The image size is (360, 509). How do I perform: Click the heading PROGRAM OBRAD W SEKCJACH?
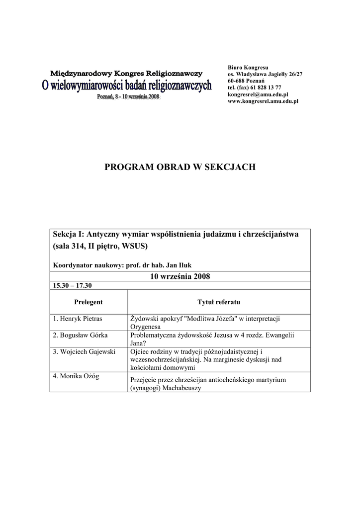point(180,167)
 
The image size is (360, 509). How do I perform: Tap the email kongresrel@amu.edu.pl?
point(258,94)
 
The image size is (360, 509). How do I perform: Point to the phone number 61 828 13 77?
point(267,87)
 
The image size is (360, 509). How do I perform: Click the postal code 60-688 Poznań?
point(246,81)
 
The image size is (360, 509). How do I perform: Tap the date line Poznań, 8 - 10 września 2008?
point(128,97)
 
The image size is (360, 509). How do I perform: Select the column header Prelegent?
point(88,302)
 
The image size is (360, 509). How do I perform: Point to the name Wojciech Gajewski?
point(84,352)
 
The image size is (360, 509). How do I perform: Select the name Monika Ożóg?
point(76,376)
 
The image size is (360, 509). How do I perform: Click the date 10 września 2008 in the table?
point(180,276)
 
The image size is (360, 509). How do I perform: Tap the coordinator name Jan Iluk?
point(177,265)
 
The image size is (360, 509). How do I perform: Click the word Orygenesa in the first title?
point(146,327)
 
